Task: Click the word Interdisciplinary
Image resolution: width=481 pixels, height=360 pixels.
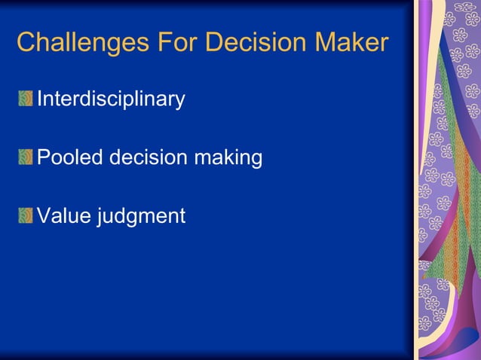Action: [x=111, y=99]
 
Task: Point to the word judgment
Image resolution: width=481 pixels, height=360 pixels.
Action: [x=140, y=217]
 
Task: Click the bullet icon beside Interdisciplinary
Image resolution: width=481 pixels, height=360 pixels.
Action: [x=26, y=99]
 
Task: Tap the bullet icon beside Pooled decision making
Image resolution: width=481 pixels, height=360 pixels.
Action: [x=26, y=157]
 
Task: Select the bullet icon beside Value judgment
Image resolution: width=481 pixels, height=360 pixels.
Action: [x=26, y=216]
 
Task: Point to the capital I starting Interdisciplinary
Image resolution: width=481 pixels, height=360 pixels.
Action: [x=40, y=99]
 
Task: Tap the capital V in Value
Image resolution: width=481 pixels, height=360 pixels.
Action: [x=44, y=216]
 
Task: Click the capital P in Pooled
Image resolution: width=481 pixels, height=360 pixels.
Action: [x=44, y=157]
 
